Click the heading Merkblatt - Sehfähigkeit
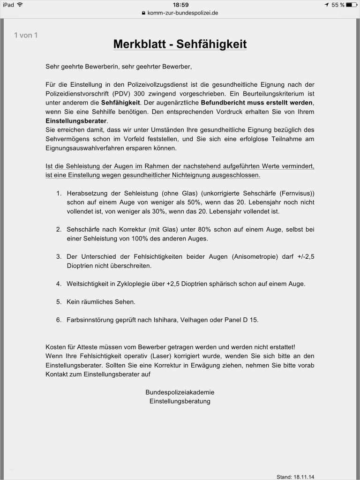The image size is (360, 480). pos(180,45)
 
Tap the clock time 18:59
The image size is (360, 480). pos(180,5)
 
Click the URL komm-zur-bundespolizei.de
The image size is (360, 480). pos(183,13)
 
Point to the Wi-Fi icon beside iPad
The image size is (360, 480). pos(20,5)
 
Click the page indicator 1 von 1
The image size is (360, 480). pos(26,35)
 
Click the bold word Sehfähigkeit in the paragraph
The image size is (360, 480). pos(120,102)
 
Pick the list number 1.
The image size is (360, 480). pos(59,194)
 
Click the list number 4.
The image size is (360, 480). pos(59,284)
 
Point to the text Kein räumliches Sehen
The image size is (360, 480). pos(101,302)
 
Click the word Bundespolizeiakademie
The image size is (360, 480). pos(180,392)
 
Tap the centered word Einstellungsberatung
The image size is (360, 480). pos(180,401)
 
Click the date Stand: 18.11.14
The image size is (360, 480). pos(295,477)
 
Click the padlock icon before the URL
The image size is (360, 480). pos(144,13)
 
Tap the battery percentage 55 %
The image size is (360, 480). pos(337,5)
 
